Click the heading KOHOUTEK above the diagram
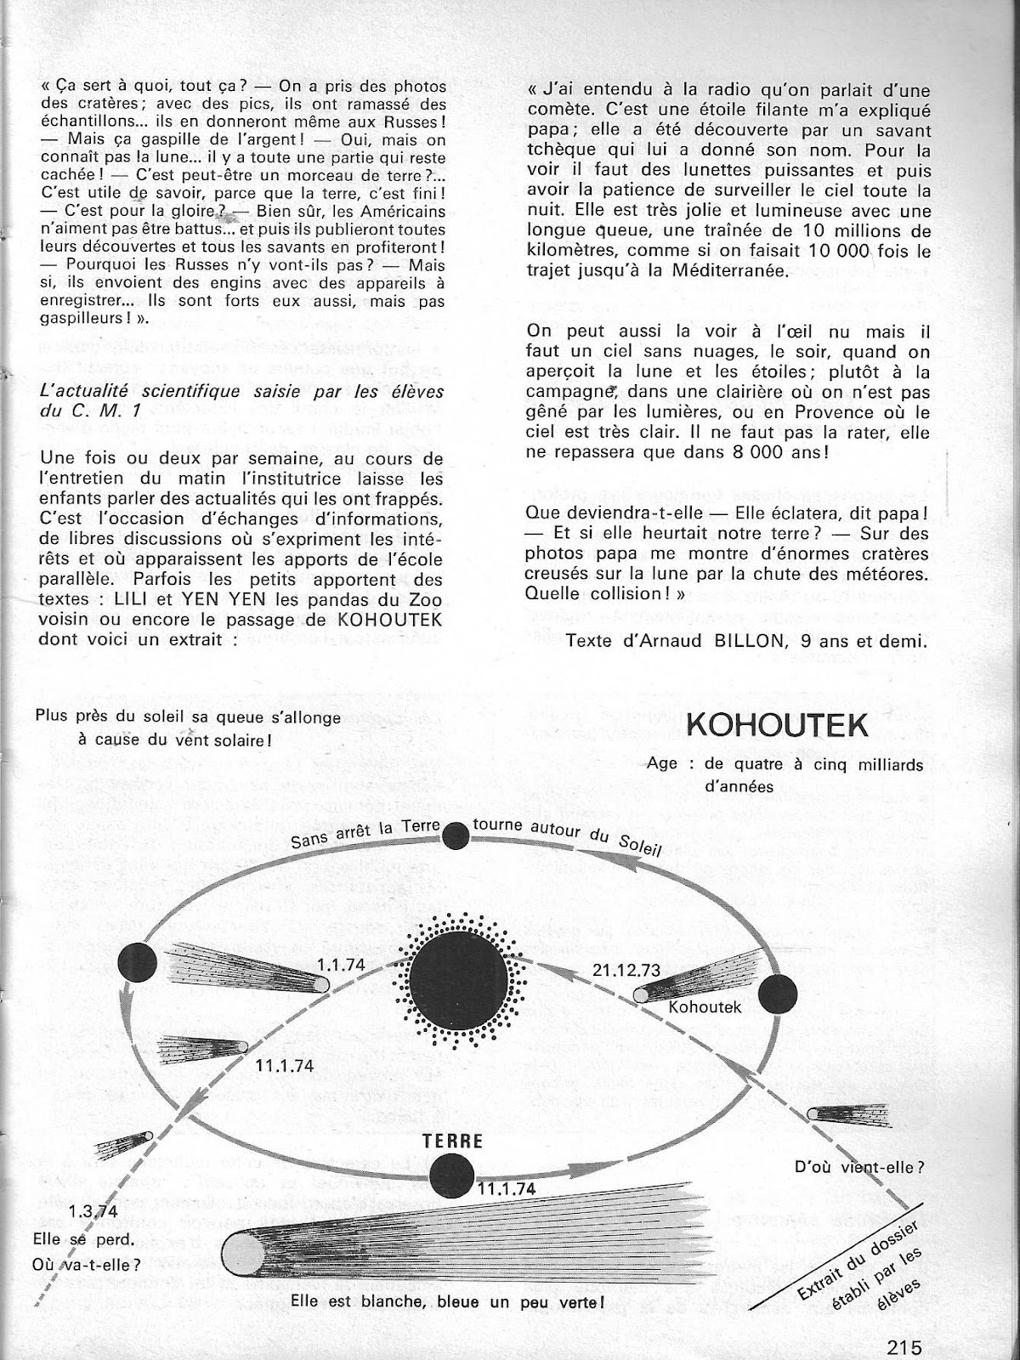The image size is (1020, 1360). (x=777, y=727)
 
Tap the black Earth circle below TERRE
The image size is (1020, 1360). (x=452, y=1179)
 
